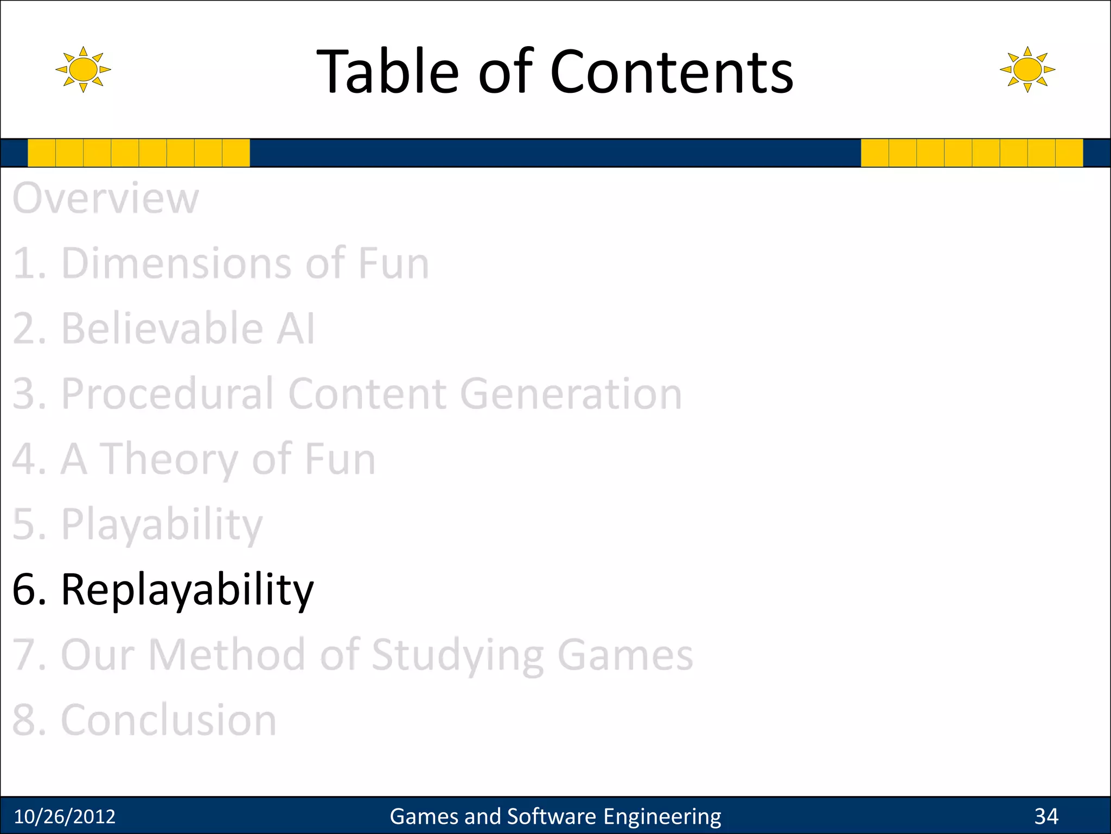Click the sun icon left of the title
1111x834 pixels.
[x=83, y=69]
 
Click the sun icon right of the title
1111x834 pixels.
[x=1027, y=69]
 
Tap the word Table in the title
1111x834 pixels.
[x=387, y=72]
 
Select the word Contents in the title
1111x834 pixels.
[x=672, y=72]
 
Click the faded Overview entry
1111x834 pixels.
[x=106, y=198]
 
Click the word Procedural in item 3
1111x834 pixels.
[x=167, y=394]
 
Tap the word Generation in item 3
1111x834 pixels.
[x=571, y=394]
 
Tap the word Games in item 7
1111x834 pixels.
[x=625, y=655]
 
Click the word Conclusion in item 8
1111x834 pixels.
[x=168, y=720]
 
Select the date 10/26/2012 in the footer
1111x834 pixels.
[x=65, y=816]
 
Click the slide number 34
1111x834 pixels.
[x=1046, y=816]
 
